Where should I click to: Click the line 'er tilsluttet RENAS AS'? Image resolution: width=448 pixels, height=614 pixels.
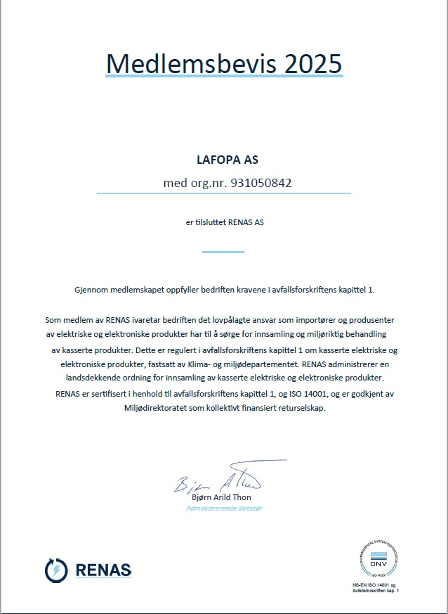[224, 222]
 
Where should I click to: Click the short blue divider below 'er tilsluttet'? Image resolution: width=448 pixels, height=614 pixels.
[223, 251]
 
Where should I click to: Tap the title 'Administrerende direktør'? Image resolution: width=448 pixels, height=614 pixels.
[225, 507]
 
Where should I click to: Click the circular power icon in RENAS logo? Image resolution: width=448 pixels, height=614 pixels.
[55, 569]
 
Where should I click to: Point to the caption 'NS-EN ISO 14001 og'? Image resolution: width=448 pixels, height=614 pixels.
[374, 585]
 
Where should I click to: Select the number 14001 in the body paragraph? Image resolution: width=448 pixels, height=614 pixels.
[338, 394]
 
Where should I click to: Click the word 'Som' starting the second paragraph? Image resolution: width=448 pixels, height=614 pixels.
[52, 319]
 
